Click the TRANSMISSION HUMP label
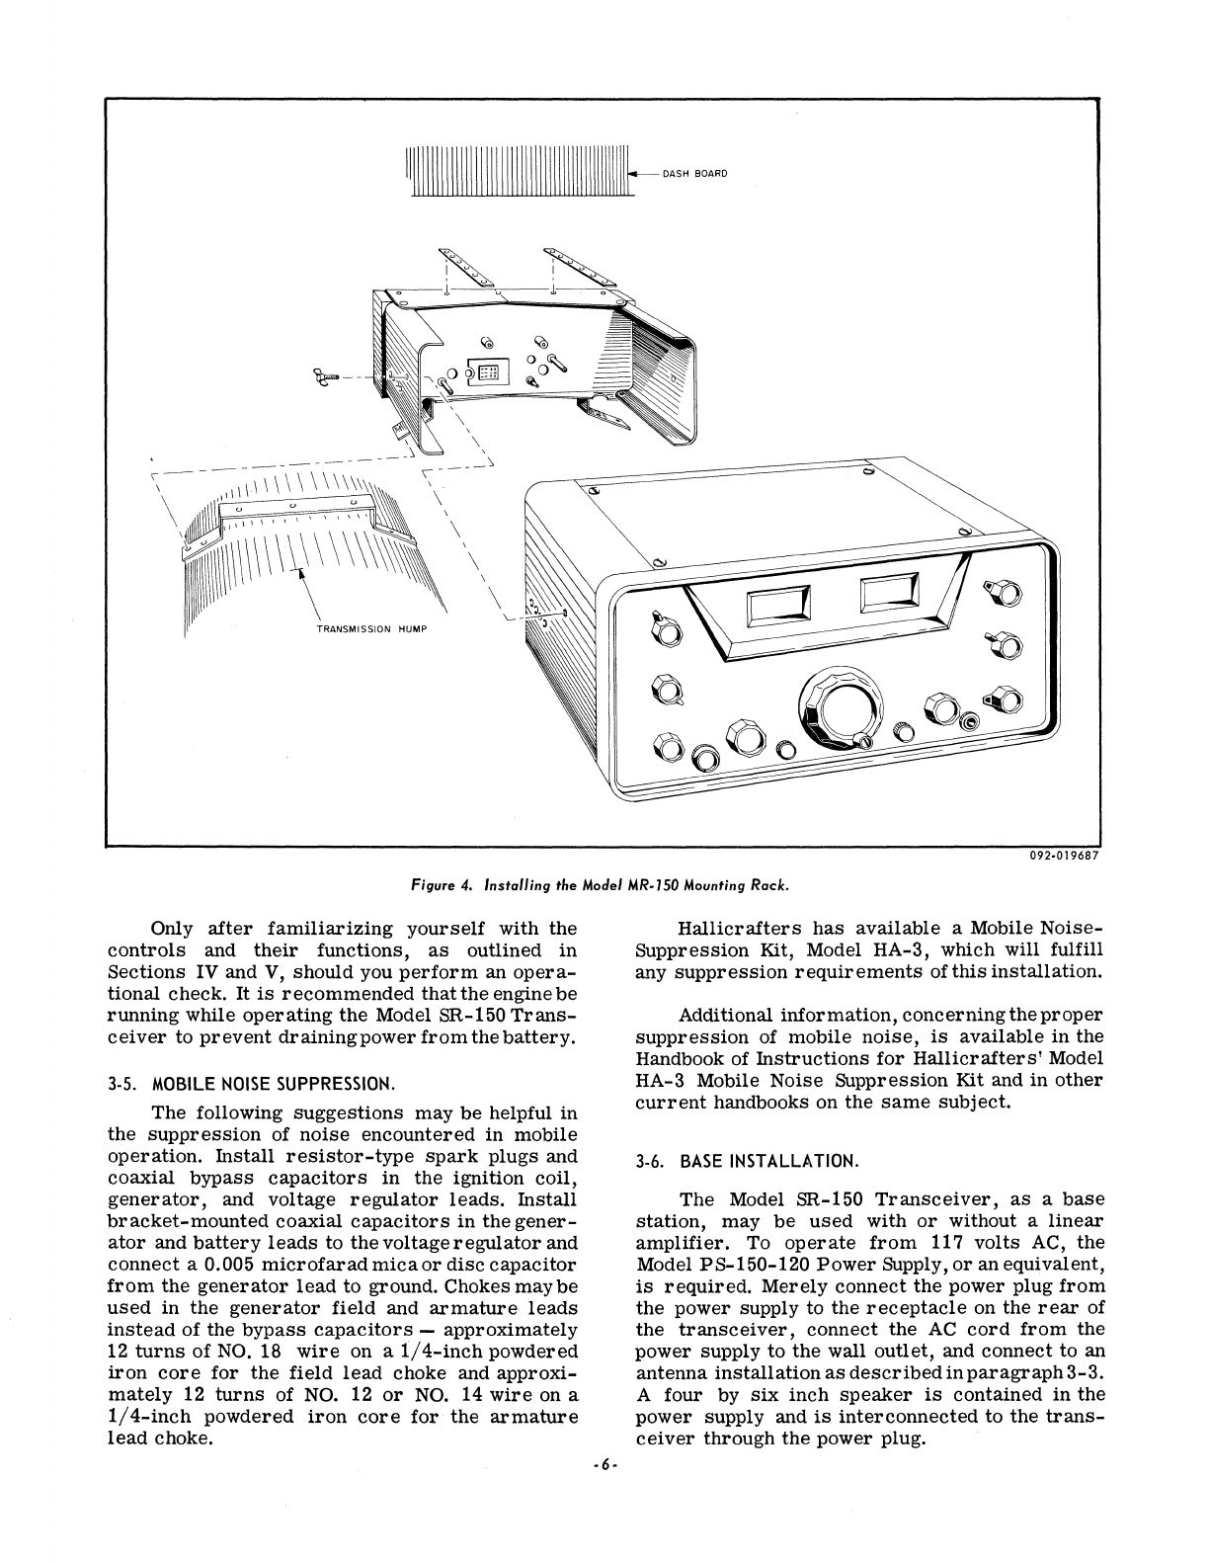pyautogui.click(x=370, y=629)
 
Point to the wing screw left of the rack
pyautogui.click(x=323, y=377)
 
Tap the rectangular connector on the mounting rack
pyautogui.click(x=487, y=372)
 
